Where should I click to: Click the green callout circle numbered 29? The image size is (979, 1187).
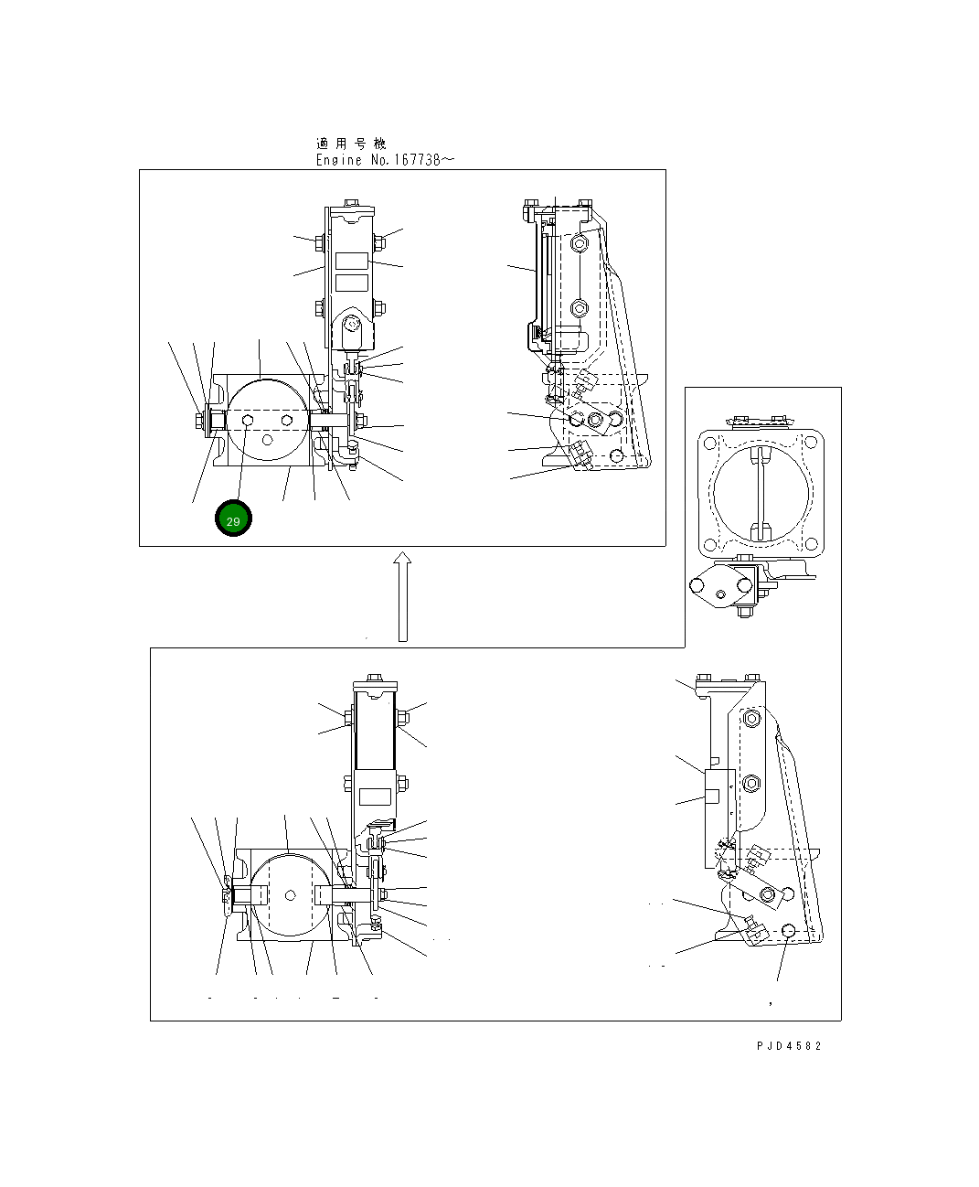click(233, 519)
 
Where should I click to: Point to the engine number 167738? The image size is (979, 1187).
click(417, 160)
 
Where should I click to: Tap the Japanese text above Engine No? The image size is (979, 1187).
click(351, 144)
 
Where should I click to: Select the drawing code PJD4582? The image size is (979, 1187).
click(788, 1045)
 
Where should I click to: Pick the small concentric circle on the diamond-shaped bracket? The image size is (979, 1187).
click(721, 593)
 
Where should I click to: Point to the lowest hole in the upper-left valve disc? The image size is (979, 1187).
click(267, 440)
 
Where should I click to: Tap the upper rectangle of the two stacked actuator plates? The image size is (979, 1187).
click(351, 261)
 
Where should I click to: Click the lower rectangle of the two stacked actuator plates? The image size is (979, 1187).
click(351, 281)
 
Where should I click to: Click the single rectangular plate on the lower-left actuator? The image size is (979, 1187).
click(374, 796)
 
